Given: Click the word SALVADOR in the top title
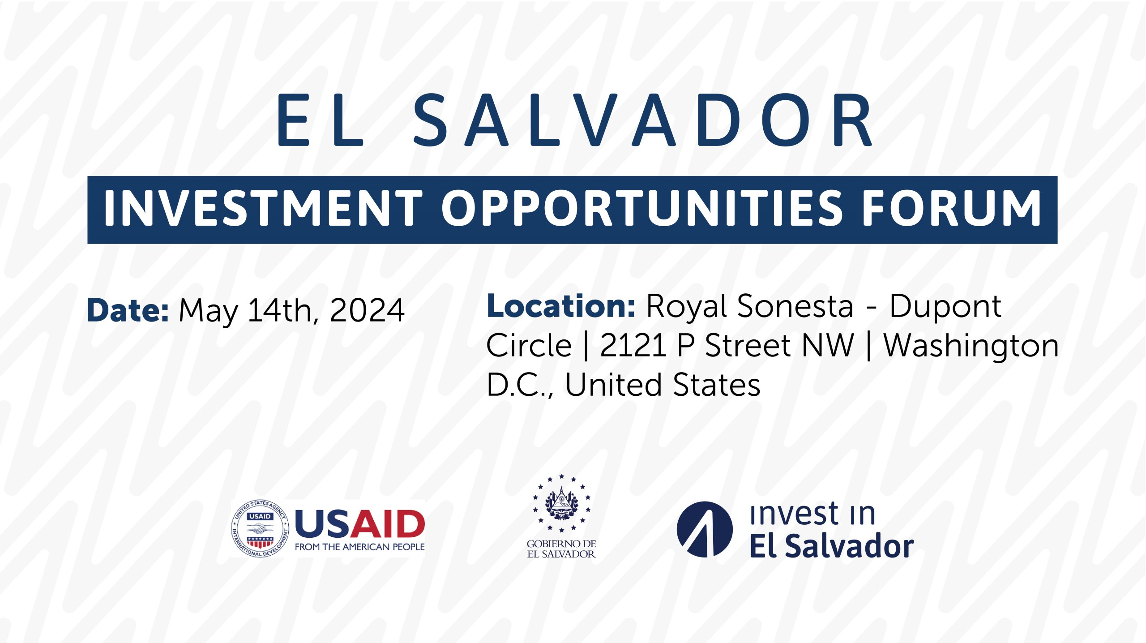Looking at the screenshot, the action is click(642, 120).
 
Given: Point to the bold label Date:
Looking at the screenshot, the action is click(128, 310).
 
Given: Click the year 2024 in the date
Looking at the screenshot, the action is click(367, 310).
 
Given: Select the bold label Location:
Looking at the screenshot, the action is click(561, 306).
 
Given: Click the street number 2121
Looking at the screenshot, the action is click(633, 346).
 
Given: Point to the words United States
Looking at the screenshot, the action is click(663, 385).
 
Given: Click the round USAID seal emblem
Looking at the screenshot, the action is click(260, 528).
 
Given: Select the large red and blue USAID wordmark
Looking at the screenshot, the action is click(359, 523).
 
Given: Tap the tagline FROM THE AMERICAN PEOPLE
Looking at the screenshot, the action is click(359, 547).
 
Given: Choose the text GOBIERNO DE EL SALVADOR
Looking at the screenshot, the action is click(561, 549).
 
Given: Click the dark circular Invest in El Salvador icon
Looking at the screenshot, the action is click(705, 529).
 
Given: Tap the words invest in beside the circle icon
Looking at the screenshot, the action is click(812, 514).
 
